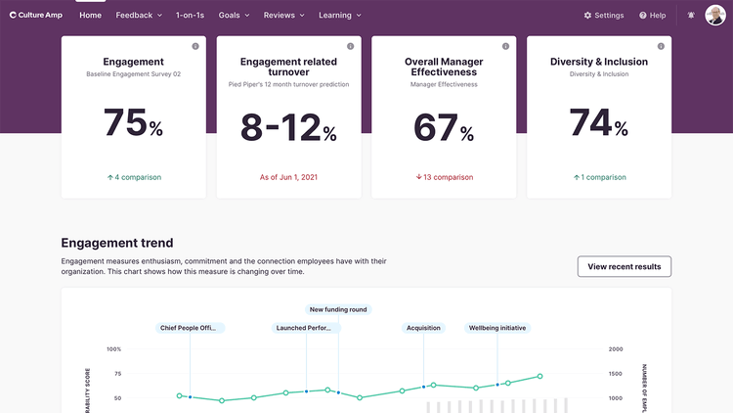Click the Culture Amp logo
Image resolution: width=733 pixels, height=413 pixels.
click(x=38, y=16)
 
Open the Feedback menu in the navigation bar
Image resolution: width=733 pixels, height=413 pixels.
click(x=138, y=16)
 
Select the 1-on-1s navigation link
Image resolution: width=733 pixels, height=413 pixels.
click(x=191, y=16)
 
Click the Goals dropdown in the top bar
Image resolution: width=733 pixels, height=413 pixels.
click(x=234, y=16)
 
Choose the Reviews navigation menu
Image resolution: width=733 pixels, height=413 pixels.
click(x=283, y=16)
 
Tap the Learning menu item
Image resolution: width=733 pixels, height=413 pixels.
click(x=339, y=16)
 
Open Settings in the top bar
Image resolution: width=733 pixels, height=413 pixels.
click(x=603, y=16)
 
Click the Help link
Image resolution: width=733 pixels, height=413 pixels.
click(x=652, y=16)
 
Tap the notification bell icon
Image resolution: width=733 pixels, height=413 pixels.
click(x=692, y=16)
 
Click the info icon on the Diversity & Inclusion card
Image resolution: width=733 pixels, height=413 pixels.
click(x=660, y=46)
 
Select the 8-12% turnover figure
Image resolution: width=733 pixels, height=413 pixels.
click(x=288, y=127)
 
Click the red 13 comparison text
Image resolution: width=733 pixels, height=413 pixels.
click(x=443, y=177)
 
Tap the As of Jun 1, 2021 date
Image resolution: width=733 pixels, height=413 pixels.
click(x=288, y=177)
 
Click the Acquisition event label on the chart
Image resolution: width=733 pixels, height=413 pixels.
click(x=423, y=328)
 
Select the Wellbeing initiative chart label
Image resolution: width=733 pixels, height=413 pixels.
click(x=497, y=328)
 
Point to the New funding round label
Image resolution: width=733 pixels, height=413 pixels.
click(x=337, y=309)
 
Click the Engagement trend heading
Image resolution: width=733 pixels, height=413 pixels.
click(x=117, y=243)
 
